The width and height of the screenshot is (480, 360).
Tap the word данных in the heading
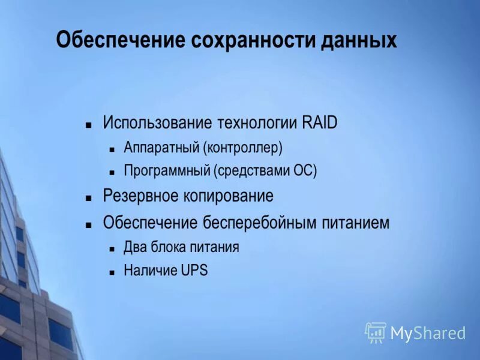(x=358, y=40)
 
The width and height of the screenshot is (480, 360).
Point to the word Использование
(x=157, y=123)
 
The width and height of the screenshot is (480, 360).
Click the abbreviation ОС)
(x=304, y=171)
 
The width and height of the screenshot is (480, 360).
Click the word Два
(x=133, y=247)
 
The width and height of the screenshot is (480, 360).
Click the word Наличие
(x=150, y=271)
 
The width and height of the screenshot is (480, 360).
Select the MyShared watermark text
(x=428, y=333)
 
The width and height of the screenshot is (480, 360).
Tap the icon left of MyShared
(x=375, y=332)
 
